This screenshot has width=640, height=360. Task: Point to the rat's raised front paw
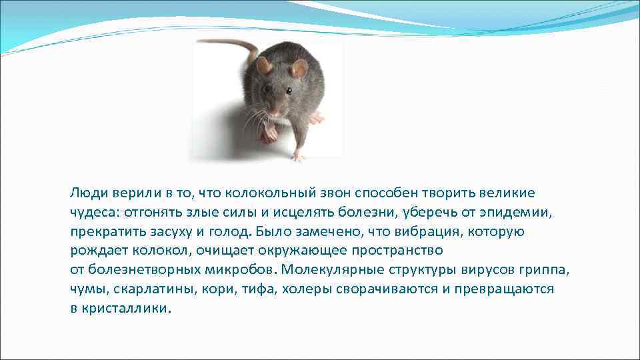click(269, 133)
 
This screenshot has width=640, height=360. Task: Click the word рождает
click(95, 251)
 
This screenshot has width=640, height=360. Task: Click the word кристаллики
click(125, 309)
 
